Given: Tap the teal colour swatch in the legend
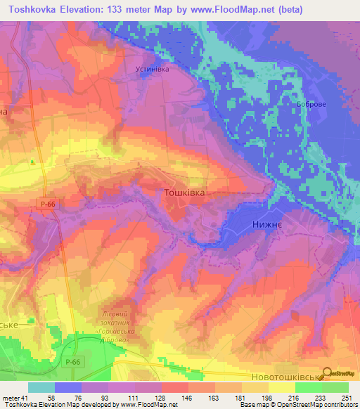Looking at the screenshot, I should tap(41, 387).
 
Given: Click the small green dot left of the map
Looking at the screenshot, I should tap(32, 162).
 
